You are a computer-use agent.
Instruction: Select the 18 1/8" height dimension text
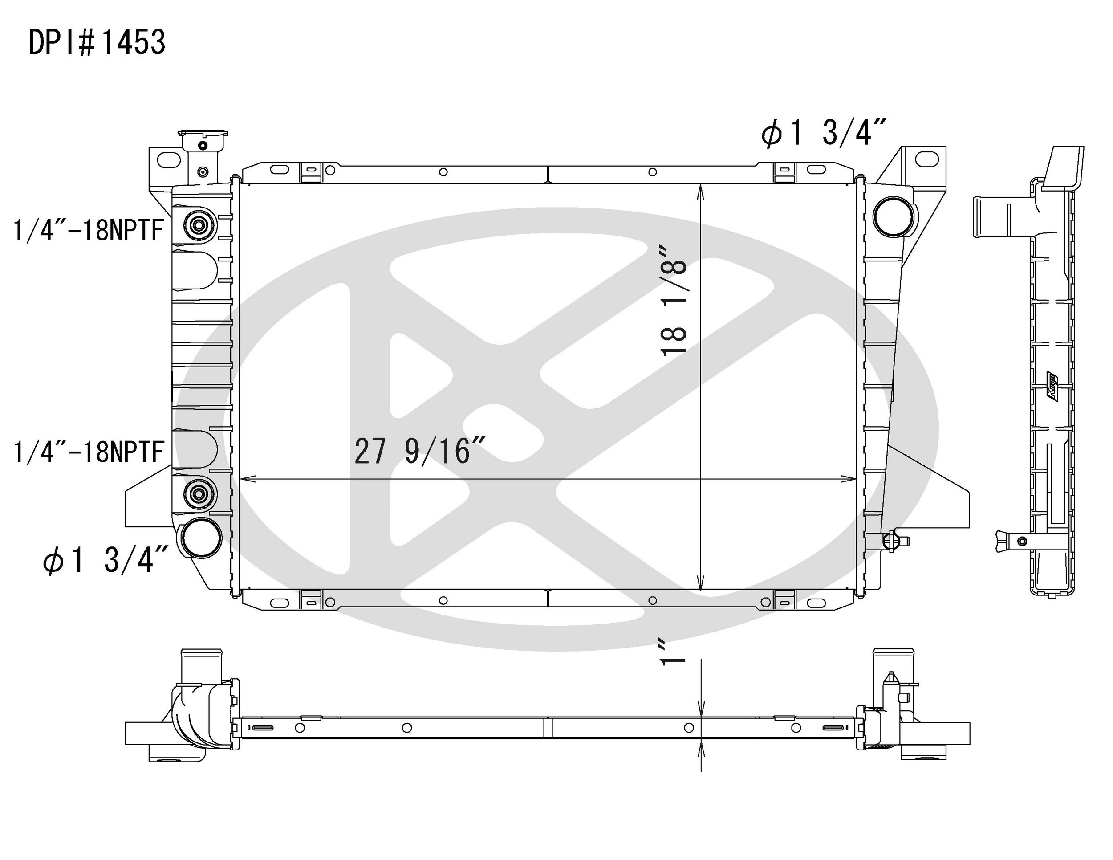(x=674, y=301)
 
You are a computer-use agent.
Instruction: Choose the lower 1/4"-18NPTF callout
(x=88, y=452)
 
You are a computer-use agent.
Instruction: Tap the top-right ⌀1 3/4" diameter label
(x=824, y=131)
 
